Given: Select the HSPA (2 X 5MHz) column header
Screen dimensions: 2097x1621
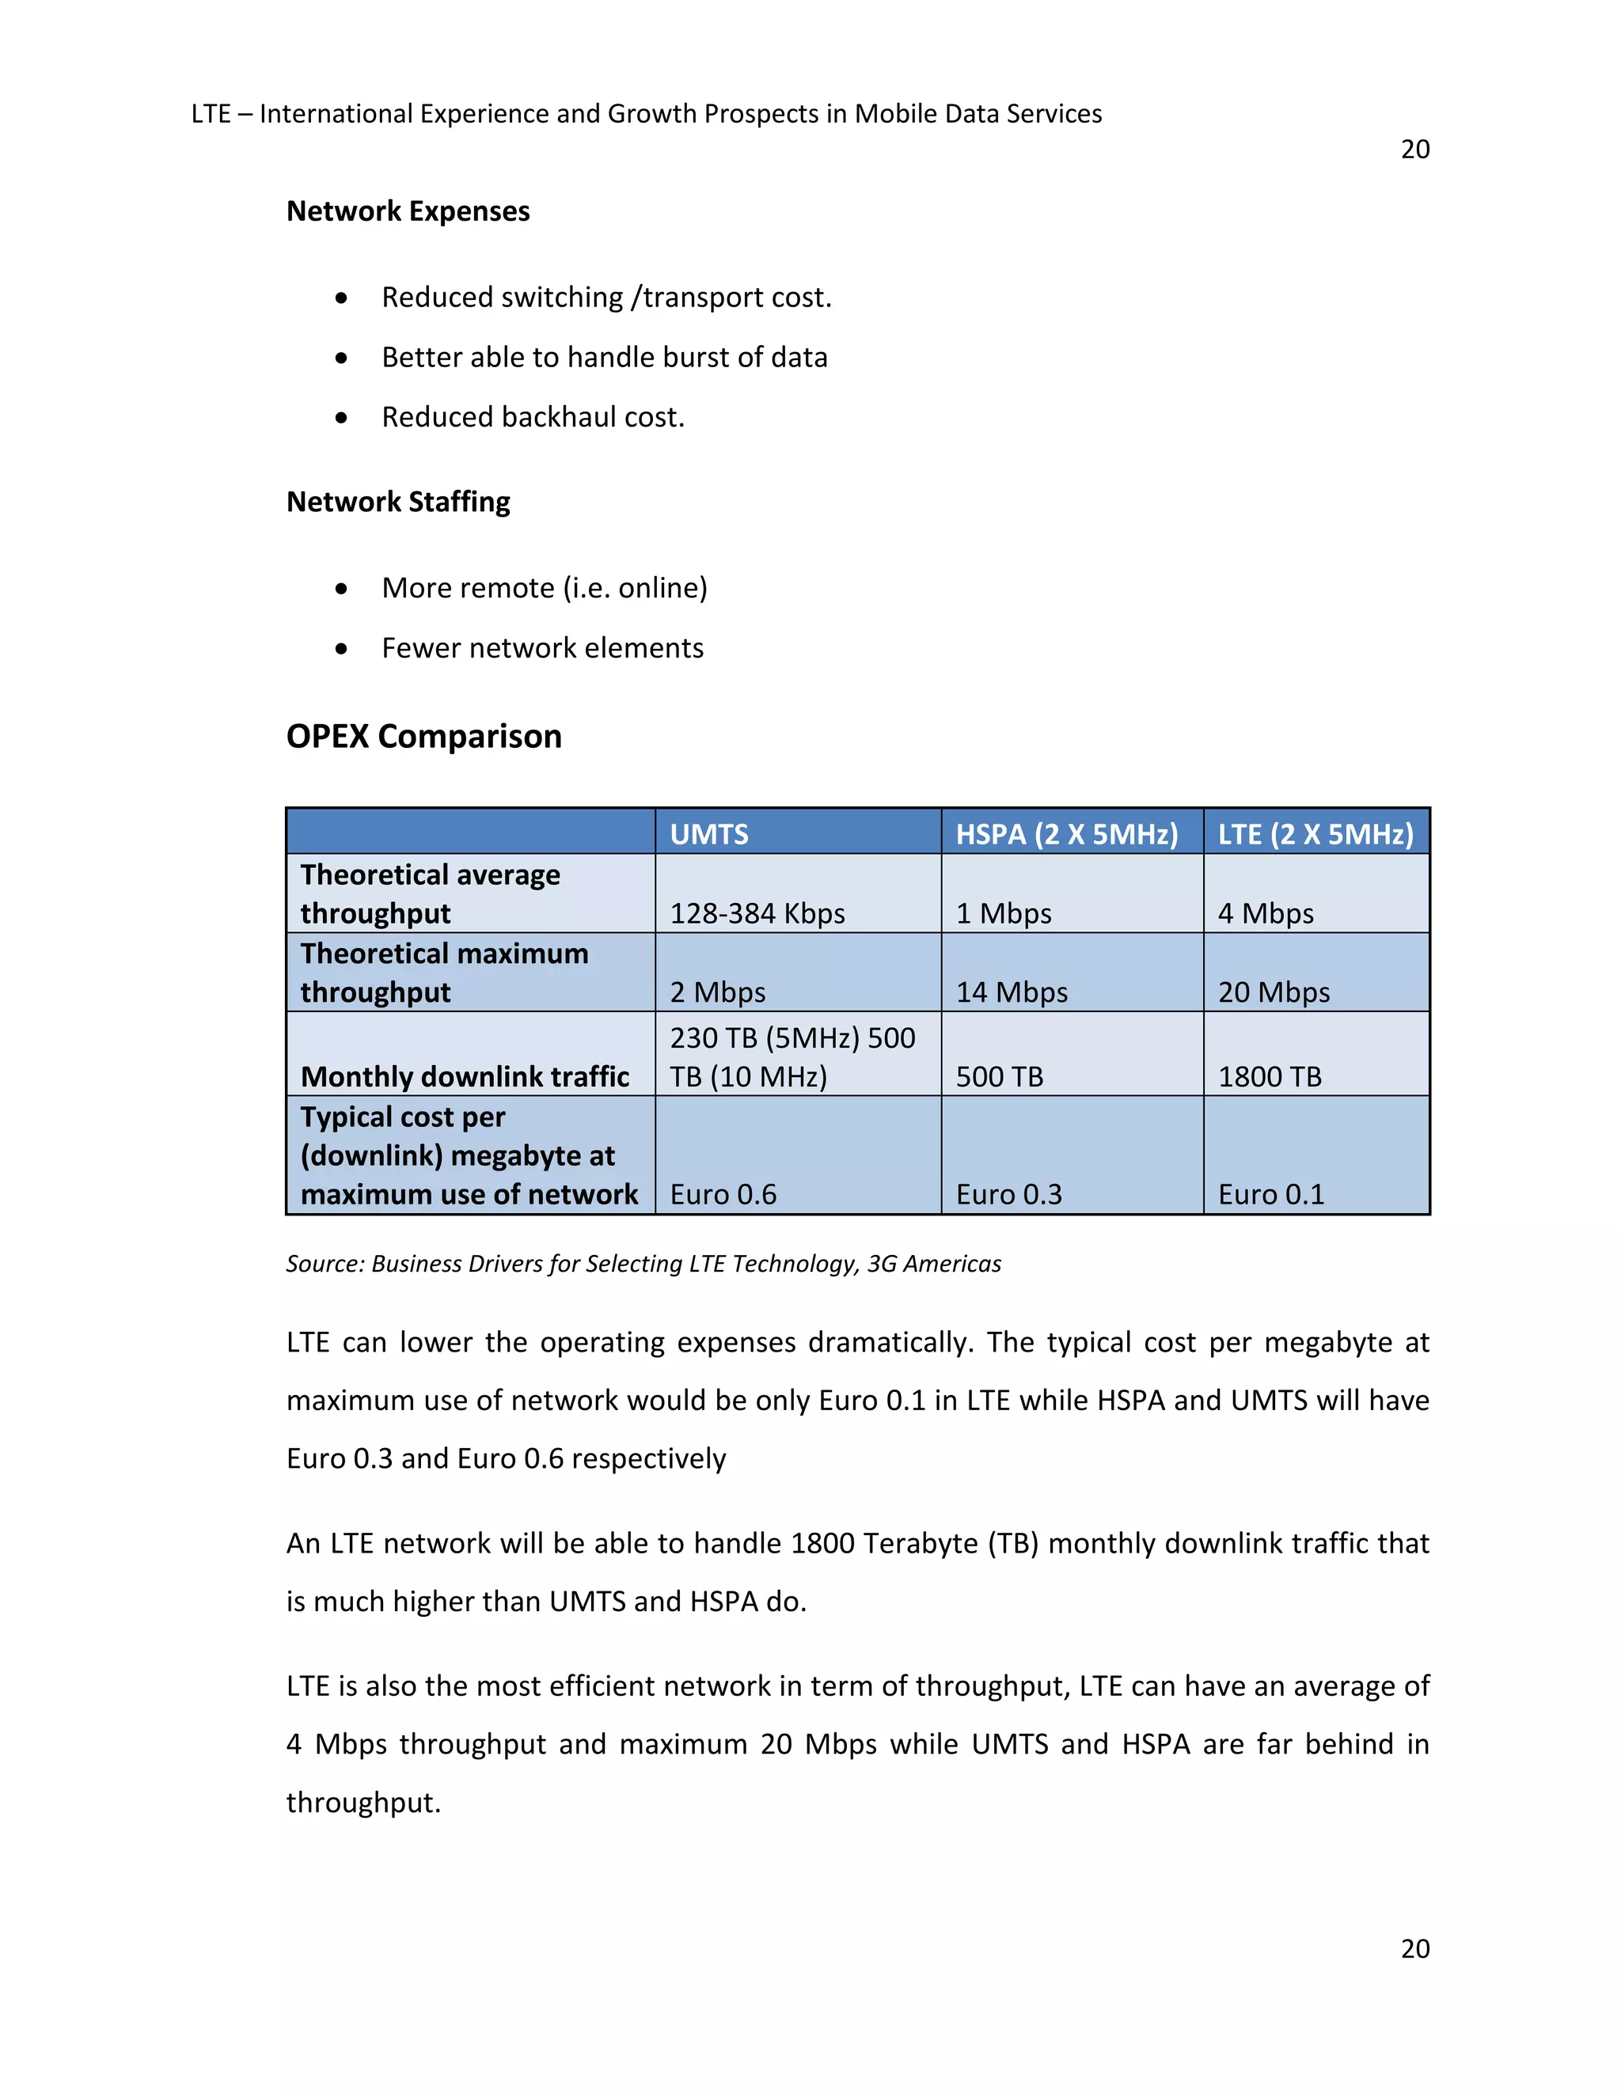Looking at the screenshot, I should coord(1066,833).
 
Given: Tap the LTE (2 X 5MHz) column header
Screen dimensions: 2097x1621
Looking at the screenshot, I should coord(1315,833).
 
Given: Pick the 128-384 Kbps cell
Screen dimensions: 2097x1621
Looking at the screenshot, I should coord(757,912).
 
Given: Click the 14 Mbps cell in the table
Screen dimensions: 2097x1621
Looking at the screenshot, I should coord(1012,991).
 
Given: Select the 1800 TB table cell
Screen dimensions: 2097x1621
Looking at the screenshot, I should coord(1269,1075).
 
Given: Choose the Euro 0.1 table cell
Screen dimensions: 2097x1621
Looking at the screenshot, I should coord(1270,1193).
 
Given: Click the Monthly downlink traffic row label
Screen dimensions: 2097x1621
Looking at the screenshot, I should coord(465,1075).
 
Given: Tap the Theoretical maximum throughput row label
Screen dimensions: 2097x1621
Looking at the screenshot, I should coord(444,972).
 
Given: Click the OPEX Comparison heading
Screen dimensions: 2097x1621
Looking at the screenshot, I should coord(423,737).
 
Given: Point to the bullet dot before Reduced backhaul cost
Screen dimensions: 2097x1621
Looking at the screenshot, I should coord(342,418).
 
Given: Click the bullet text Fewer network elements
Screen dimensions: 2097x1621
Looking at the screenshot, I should coord(541,648).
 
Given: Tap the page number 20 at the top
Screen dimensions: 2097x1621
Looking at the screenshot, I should coord(1414,150).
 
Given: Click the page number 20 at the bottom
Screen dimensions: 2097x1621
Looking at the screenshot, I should coord(1414,1948).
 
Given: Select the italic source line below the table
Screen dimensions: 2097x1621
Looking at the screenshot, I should coord(643,1264).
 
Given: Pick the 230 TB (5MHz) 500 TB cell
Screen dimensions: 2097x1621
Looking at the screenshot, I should coord(792,1056).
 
